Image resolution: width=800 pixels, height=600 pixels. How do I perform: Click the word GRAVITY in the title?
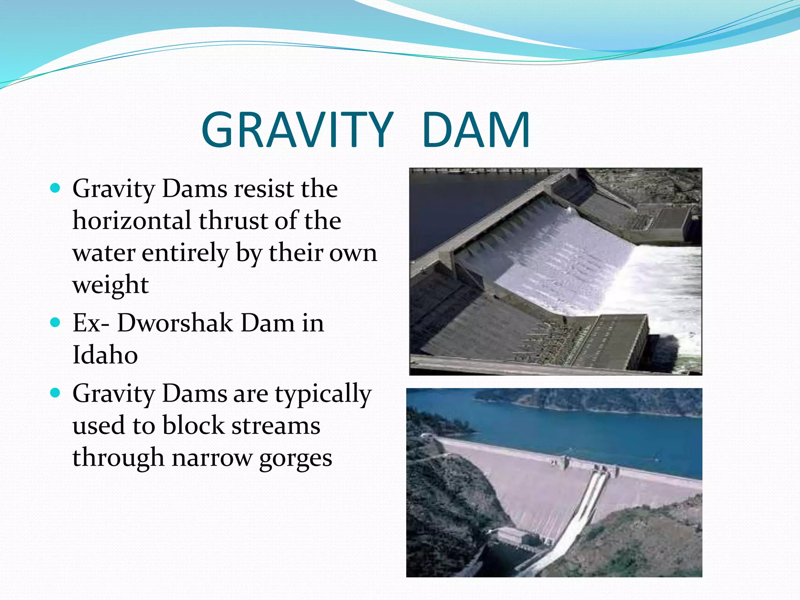[297, 130]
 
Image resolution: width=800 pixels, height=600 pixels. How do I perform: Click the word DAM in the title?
[476, 130]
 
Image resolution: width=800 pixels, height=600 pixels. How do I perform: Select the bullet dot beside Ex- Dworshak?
[55, 323]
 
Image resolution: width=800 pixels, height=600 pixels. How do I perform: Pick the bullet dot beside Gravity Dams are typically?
[55, 393]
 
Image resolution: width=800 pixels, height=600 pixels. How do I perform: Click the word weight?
[111, 284]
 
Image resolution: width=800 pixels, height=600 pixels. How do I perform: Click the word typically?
[323, 395]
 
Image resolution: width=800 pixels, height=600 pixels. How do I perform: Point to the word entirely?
[185, 253]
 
